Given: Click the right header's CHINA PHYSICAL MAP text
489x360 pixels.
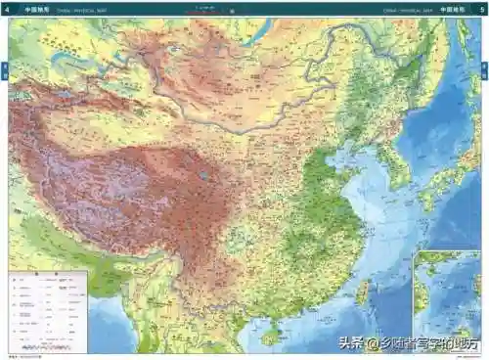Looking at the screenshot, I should pos(411,8).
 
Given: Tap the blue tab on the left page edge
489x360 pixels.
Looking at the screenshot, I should pos(5,71).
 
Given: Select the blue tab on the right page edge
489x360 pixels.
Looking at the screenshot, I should pos(484,71).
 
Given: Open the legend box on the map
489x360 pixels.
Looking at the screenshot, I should pos(47,311).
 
